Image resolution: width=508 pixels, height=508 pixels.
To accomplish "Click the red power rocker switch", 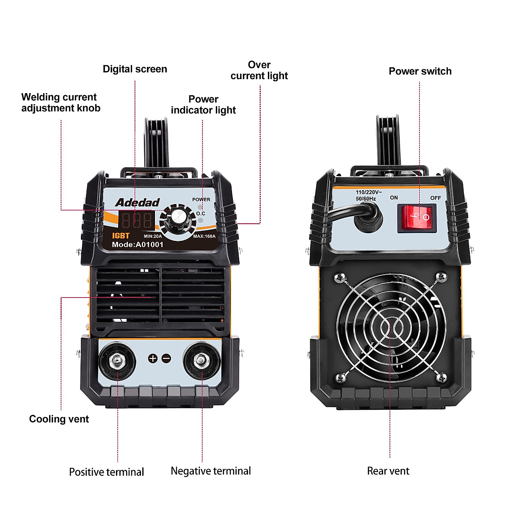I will pos(417,218).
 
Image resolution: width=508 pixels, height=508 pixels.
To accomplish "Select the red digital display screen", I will pos(136,221).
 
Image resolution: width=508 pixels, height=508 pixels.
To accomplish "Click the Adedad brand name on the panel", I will pos(137,202).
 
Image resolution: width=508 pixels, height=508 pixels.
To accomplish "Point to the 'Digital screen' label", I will pos(135,69).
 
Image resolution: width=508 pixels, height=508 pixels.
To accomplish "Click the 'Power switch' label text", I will pos(420,71).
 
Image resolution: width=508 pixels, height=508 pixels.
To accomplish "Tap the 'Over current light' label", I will pos(259,70).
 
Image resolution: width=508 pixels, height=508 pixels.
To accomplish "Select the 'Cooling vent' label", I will pos(59,419).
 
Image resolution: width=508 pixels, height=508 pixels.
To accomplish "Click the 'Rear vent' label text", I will pos(388,471).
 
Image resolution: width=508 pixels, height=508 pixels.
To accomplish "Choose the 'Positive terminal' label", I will pos(106,472).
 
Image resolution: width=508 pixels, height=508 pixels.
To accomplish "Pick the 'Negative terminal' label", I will pos(210,471).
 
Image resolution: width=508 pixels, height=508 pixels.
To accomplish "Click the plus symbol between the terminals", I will pos(153,359).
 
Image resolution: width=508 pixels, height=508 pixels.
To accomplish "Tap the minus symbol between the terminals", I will pos(166,359).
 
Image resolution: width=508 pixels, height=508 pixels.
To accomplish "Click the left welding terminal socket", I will pos(117,361).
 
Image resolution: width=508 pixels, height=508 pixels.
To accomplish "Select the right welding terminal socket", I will pos(201,361).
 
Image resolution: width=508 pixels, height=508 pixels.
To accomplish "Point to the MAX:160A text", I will pos(204,236).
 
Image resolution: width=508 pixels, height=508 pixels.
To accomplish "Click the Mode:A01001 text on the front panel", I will pos(137,244).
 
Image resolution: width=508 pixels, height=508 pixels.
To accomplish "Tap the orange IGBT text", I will pos(121,236).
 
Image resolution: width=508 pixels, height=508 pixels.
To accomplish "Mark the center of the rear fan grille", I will pos(390,327).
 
